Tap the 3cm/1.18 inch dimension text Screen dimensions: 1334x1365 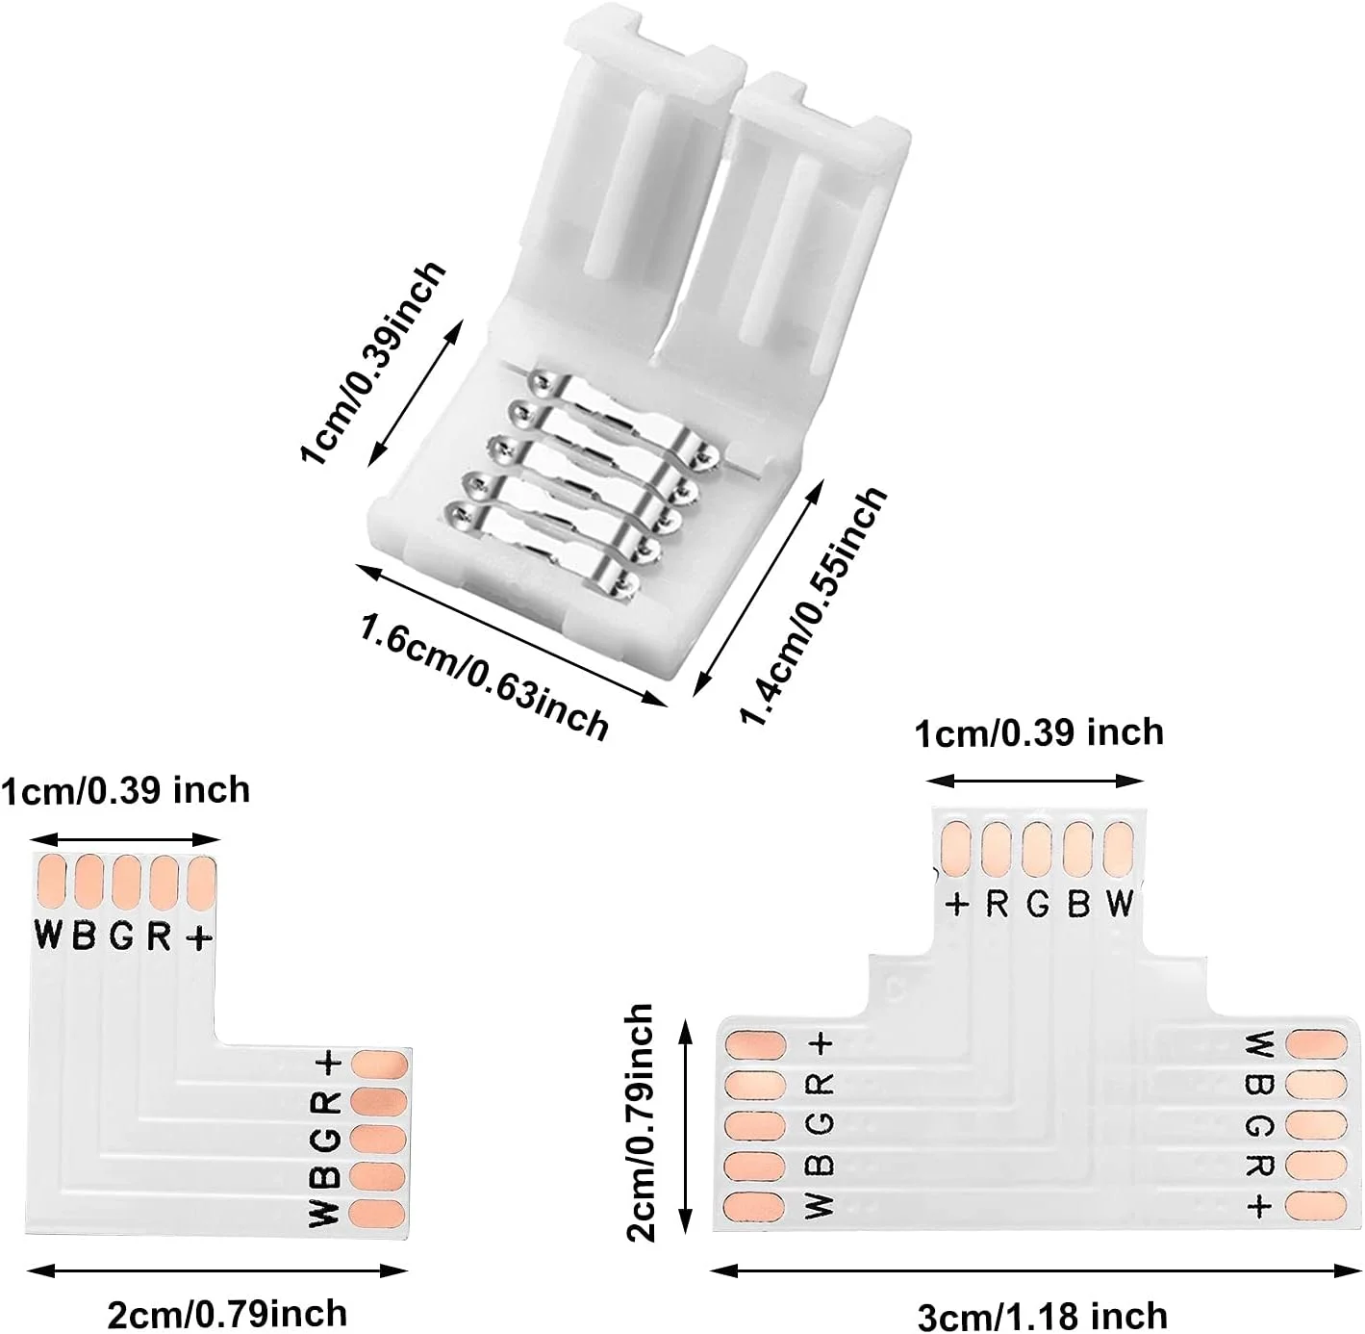(1043, 1315)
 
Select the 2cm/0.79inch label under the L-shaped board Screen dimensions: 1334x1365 (227, 1313)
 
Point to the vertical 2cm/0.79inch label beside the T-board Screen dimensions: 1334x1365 (639, 1123)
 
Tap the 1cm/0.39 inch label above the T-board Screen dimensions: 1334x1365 (1039, 733)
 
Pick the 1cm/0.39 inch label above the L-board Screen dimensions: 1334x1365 (125, 791)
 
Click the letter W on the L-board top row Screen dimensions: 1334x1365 (48, 935)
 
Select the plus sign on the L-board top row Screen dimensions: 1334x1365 (198, 936)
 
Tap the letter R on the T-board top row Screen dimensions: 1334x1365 (997, 905)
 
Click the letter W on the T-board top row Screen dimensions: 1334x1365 (1120, 905)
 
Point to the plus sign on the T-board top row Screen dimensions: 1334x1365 (957, 905)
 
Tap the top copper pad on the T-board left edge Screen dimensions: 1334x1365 (756, 1044)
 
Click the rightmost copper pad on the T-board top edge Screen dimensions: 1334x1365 (1120, 847)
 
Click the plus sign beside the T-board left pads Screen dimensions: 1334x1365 (821, 1043)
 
